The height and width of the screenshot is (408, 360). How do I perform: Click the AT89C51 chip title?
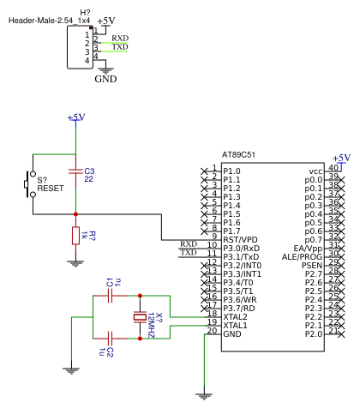pos(238,155)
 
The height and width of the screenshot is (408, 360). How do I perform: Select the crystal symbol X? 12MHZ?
pos(140,317)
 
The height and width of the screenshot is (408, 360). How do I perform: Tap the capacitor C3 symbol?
pos(75,171)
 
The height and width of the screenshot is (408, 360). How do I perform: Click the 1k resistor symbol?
pos(75,236)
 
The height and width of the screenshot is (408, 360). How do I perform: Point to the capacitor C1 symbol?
pos(110,296)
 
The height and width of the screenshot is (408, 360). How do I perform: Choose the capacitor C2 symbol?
pos(110,339)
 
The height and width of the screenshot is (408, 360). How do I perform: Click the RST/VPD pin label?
pos(240,240)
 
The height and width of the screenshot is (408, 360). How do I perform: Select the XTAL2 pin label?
pos(235,317)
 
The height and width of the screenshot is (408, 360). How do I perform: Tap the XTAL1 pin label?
pos(235,326)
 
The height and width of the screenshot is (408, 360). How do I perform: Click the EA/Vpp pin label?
pos(308,249)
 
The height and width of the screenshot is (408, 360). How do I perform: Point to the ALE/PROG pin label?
pos(303,257)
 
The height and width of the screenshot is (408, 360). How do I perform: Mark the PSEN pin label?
pos(312,266)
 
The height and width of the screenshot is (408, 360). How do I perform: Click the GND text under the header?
pos(105,79)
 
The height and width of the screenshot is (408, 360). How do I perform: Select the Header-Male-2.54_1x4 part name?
pos(49,21)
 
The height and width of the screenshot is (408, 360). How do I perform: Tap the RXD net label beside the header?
pos(120,38)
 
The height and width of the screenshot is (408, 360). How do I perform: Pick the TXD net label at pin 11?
pos(189,253)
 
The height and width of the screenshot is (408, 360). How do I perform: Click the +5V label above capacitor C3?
pos(76,117)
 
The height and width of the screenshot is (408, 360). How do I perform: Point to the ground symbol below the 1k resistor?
pos(75,263)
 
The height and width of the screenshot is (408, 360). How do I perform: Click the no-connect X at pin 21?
pos(341,334)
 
